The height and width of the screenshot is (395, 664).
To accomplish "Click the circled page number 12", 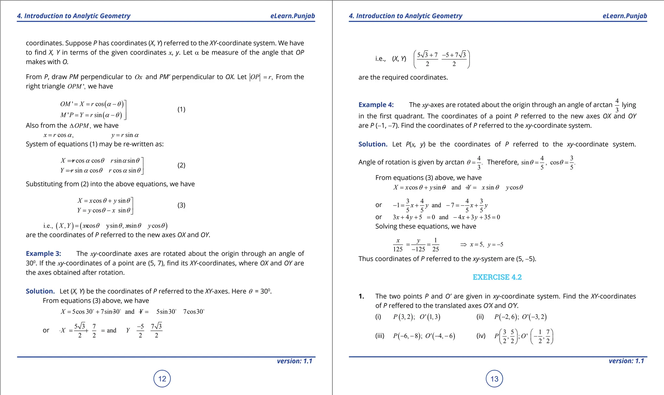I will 162,379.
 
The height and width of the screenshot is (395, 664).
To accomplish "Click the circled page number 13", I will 494,379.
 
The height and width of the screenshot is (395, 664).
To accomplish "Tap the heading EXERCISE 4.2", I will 497,277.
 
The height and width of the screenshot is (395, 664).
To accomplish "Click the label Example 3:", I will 43,253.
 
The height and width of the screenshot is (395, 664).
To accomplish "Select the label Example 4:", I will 376,105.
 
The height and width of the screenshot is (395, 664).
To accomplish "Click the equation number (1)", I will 181,109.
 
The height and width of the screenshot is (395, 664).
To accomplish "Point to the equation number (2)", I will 181,165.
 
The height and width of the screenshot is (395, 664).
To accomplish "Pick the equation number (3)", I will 181,205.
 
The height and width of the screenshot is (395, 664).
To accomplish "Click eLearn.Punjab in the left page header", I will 292,16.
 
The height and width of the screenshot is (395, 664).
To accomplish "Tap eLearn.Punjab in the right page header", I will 624,16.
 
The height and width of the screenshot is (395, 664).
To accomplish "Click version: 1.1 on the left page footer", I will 294,361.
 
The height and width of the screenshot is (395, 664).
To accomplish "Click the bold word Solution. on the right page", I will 373,144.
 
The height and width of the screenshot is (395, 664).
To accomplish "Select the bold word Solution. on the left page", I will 40,291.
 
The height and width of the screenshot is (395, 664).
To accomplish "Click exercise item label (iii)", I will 380,336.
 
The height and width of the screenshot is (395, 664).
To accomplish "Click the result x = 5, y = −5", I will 486,244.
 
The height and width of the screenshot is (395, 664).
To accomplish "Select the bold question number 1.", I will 361,296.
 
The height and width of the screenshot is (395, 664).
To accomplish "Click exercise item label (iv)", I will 481,336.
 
